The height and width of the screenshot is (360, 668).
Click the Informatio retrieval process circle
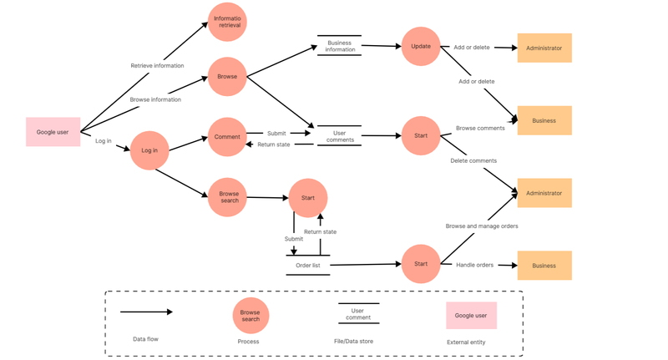(227, 23)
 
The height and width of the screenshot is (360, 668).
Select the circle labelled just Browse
(227, 76)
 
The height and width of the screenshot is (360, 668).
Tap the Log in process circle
(149, 150)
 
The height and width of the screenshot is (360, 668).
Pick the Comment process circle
(227, 136)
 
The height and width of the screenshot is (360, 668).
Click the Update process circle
(421, 47)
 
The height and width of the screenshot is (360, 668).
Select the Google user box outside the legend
(53, 132)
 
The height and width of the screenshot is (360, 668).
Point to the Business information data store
(340, 46)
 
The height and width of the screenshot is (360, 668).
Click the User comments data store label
(340, 136)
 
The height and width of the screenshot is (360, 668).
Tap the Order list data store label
(308, 266)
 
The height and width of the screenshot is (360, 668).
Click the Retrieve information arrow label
(157, 65)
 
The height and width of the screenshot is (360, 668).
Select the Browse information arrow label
(155, 99)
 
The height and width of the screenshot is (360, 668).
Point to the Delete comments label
(473, 160)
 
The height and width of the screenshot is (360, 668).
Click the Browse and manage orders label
(483, 226)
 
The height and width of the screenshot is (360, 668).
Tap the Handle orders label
(474, 265)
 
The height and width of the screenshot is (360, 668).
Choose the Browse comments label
(480, 128)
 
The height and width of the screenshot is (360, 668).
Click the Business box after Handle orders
(544, 266)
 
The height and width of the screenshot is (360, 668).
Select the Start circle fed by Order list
(421, 264)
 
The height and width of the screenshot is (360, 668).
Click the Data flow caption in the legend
(146, 339)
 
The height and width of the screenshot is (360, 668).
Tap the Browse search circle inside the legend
(250, 316)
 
